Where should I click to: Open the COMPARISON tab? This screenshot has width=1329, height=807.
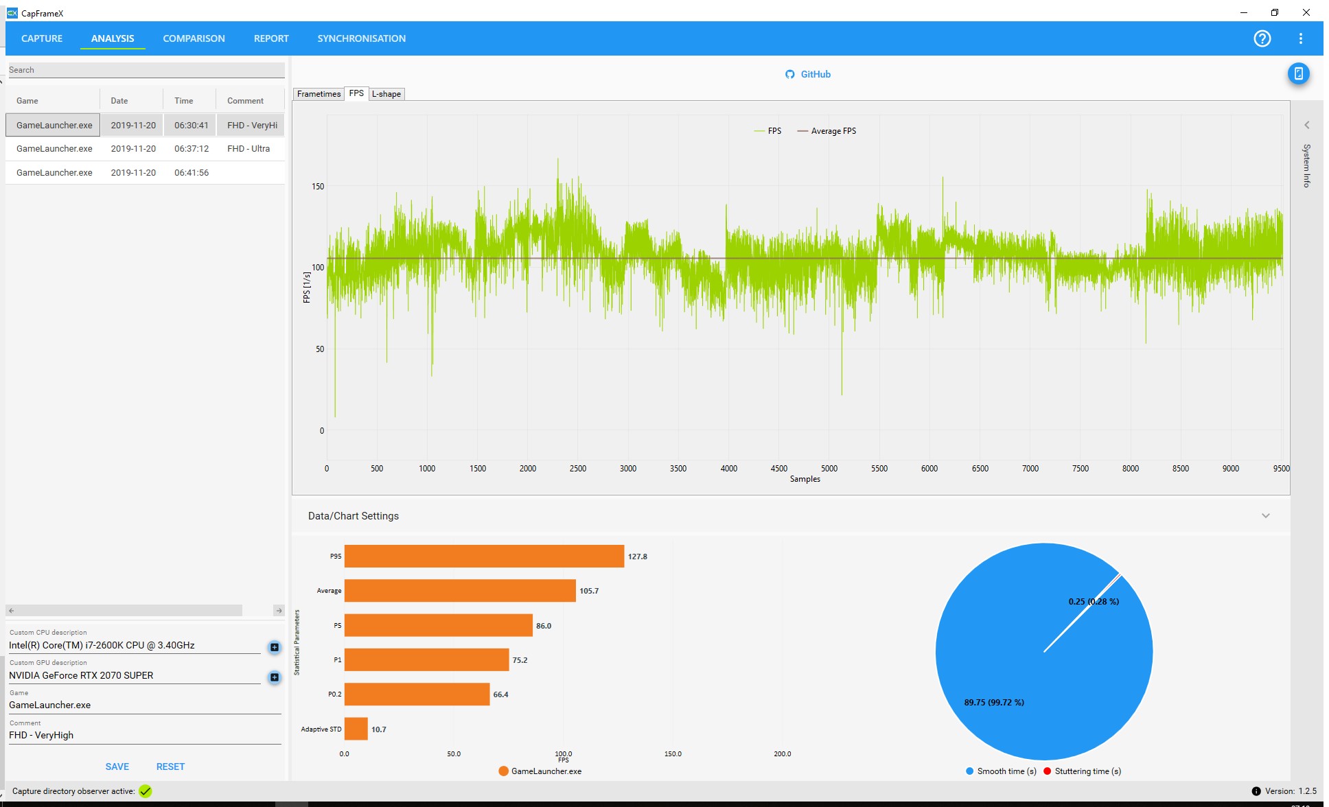[194, 38]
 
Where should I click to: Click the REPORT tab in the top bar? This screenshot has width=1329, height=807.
[271, 38]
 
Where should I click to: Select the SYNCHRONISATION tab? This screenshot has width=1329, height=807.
[361, 38]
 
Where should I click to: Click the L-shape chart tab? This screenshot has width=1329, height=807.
[386, 94]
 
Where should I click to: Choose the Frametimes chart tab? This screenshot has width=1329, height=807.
[319, 94]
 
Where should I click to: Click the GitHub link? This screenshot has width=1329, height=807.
[808, 74]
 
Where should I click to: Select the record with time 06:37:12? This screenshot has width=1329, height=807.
[192, 149]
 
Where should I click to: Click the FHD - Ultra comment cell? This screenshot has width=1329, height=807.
[249, 149]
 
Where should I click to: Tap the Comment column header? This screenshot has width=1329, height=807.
[245, 101]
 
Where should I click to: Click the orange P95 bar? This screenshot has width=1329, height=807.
[484, 557]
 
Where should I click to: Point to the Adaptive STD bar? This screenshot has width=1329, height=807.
[356, 729]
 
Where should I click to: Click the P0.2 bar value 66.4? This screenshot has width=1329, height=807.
[500, 694]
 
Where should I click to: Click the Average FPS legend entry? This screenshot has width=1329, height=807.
[827, 131]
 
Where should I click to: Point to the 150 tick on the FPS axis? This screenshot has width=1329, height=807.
[318, 186]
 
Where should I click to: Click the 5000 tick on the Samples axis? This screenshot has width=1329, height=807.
[829, 469]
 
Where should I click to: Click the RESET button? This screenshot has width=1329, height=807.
[170, 767]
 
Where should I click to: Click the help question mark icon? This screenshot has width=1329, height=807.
[1262, 38]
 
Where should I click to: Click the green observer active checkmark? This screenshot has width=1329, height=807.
[146, 791]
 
